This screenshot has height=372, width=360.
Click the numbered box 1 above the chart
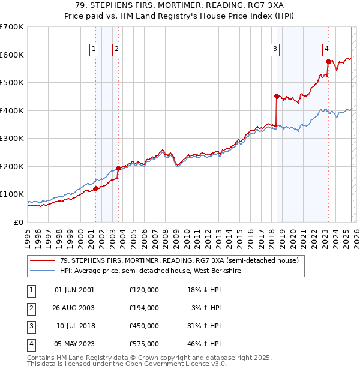click(95, 50)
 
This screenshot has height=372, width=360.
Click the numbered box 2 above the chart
click(116, 50)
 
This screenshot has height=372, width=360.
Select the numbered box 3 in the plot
click(275, 50)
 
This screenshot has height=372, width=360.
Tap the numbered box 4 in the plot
click(326, 50)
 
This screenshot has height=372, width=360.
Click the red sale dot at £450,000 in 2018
click(277, 96)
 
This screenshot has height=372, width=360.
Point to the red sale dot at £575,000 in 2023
click(328, 61)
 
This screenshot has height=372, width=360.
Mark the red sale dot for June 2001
click(95, 188)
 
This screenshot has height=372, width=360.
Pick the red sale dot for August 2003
click(118, 168)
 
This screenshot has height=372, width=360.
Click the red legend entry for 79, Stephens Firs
click(175, 260)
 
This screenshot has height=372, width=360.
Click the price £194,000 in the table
click(143, 308)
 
